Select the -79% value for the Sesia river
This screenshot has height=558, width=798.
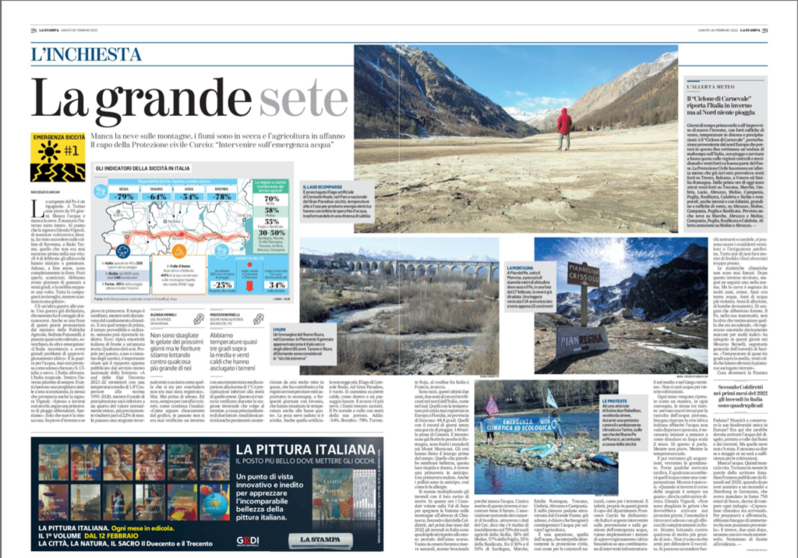tap(123, 196)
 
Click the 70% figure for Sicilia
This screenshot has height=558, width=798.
tap(272, 200)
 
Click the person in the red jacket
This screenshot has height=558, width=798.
tap(563, 127)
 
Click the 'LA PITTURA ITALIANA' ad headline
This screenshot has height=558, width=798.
tap(300, 450)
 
